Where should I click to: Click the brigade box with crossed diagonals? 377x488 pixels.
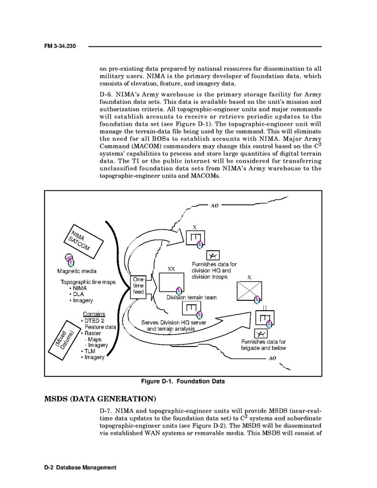(250, 293)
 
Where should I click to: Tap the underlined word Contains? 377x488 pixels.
(94, 314)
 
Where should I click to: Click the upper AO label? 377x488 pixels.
(214, 207)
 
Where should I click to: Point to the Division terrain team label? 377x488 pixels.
(191, 298)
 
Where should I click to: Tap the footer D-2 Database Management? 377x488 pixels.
(81, 467)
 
